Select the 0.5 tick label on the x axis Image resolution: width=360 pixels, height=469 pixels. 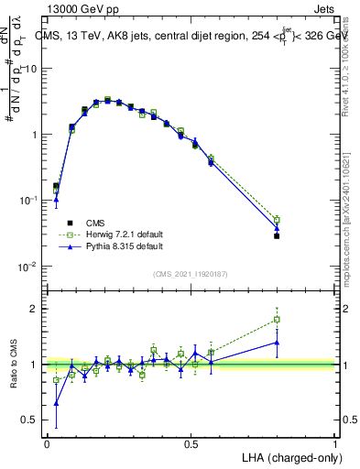191,442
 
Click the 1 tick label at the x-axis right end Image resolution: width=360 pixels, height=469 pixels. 334,442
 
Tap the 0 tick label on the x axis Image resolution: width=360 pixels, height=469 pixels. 47,442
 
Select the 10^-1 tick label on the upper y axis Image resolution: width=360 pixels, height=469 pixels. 28,200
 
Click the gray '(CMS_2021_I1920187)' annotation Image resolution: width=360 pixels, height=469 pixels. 191,274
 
